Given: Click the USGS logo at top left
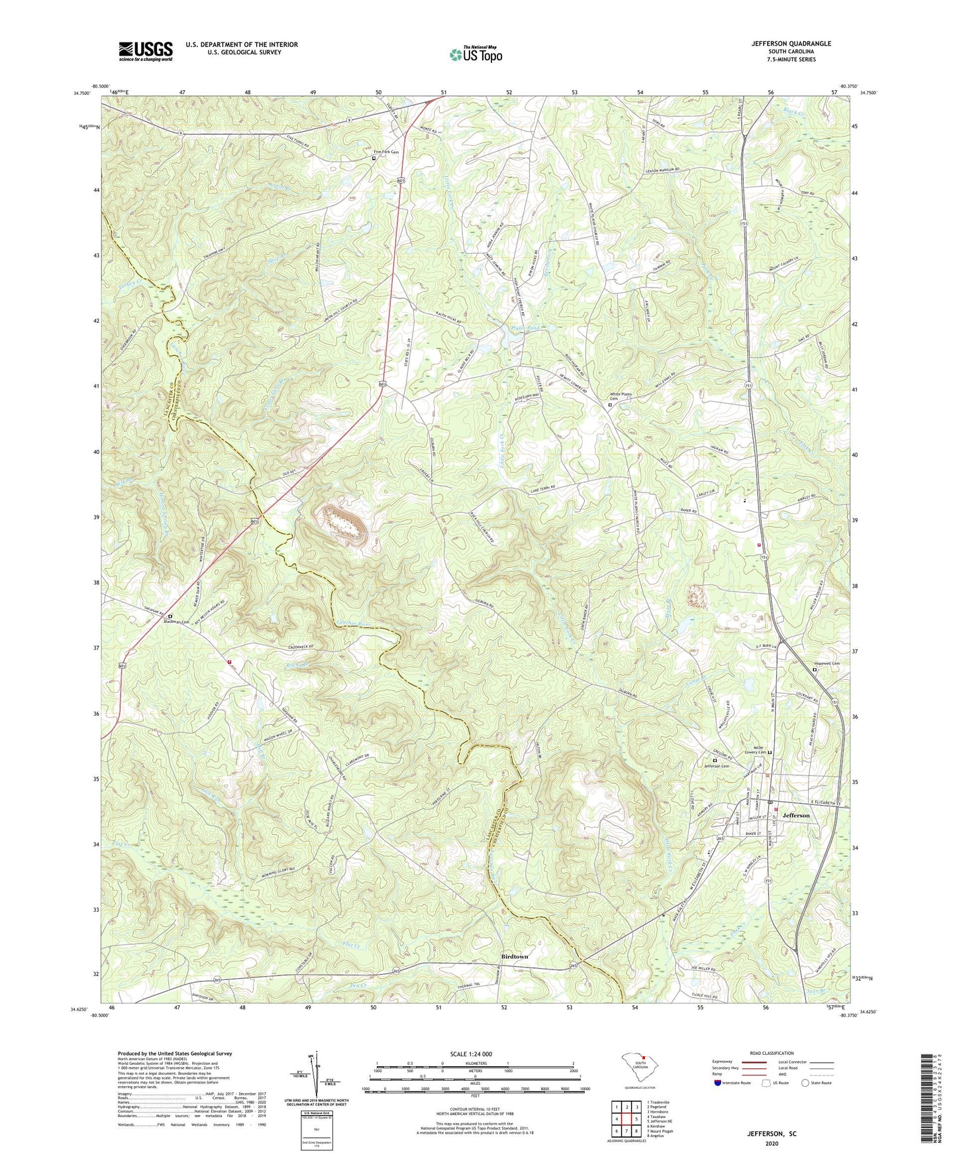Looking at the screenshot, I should pos(145,51).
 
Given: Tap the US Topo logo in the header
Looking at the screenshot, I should pos(475,54).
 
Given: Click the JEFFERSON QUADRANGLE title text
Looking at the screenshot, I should pos(791,44).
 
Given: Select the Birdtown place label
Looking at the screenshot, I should pos(514,957).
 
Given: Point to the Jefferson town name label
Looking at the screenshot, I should pos(795,815).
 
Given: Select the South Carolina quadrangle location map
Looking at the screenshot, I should pos(640,1070).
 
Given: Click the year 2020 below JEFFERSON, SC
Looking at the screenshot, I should pos(772,1144).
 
